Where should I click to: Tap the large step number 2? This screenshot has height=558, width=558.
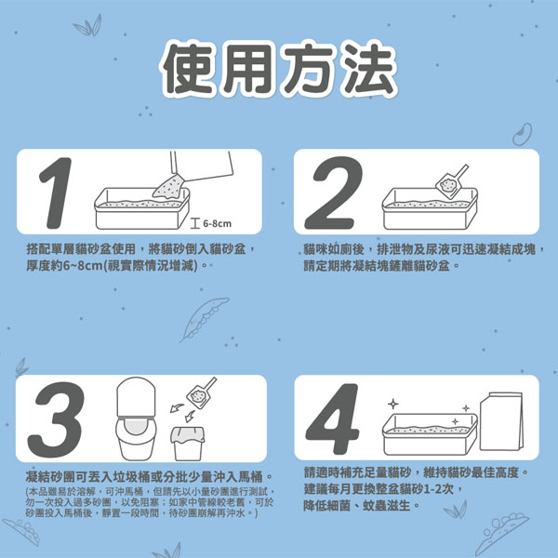tap(333, 193)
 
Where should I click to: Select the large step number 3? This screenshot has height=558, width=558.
tap(56, 419)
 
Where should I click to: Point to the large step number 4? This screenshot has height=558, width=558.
tap(332, 418)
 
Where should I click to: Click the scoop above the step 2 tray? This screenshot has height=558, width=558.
tap(451, 181)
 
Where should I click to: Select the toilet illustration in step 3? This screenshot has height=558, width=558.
tap(136, 418)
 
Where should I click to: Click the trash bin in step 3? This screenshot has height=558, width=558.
tap(188, 444)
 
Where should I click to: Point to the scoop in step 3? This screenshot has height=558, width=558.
tap(201, 392)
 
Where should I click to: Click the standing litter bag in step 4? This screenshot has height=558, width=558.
tap(502, 421)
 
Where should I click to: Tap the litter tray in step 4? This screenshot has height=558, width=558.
tap(430, 434)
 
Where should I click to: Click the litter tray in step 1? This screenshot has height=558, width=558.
tap(141, 208)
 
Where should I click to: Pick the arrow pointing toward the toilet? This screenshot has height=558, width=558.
tap(177, 408)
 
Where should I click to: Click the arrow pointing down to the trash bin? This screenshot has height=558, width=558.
tap(190, 417)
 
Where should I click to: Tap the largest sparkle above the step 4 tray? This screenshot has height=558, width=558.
tap(392, 404)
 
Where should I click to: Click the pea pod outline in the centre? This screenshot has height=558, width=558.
tap(203, 319)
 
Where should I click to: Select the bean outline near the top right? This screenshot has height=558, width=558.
tap(523, 135)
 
